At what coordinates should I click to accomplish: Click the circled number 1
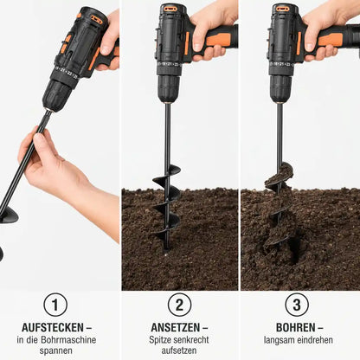[55, 305]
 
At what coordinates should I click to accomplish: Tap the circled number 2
[179, 305]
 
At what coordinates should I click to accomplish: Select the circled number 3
[297, 305]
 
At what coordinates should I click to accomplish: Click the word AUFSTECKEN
[53, 328]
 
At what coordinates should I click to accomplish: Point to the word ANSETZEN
[176, 328]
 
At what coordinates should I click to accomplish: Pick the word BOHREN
[296, 328]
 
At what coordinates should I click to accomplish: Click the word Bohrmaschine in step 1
[68, 340]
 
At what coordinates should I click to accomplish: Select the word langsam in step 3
[278, 340]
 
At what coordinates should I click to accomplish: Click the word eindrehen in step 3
[313, 340]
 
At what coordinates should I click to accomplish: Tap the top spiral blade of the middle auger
[168, 177]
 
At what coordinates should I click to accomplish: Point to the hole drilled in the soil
[294, 248]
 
